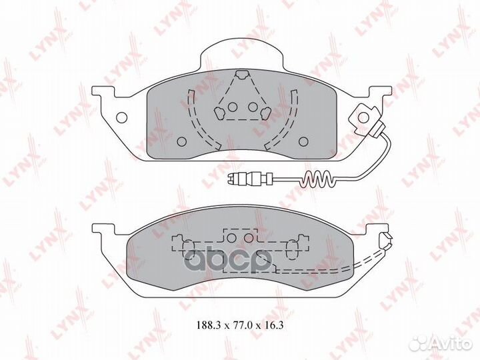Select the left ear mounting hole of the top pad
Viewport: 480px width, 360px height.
pyautogui.click(x=121, y=118)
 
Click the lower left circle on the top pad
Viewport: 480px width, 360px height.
pyautogui.click(x=183, y=141)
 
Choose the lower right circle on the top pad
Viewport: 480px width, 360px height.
pyautogui.click(x=303, y=141)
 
